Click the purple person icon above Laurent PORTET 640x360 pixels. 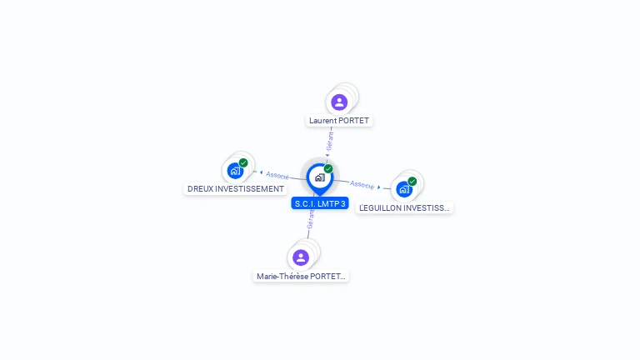click(x=339, y=102)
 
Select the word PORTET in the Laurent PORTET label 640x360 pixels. click(x=354, y=121)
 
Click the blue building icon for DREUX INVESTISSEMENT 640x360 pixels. click(x=235, y=172)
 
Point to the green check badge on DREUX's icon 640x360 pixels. click(x=243, y=163)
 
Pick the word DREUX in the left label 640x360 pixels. click(x=201, y=189)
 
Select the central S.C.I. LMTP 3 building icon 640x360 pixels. click(x=319, y=177)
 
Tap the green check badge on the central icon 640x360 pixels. click(x=328, y=168)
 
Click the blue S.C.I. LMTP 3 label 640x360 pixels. click(x=320, y=203)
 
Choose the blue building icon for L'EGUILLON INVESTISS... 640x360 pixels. click(x=404, y=189)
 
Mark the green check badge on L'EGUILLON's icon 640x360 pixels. click(x=412, y=181)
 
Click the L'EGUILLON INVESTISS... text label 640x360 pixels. click(x=404, y=207)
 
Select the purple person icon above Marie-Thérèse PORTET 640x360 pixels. click(x=301, y=257)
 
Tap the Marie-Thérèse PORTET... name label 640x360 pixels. click(x=301, y=276)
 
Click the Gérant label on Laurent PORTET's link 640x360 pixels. click(x=330, y=140)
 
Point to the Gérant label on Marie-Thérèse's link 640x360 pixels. click(x=311, y=219)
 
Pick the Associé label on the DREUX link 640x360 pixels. click(x=277, y=176)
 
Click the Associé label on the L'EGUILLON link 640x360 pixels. click(x=362, y=184)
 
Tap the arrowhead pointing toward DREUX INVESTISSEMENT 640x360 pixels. click(x=262, y=173)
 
